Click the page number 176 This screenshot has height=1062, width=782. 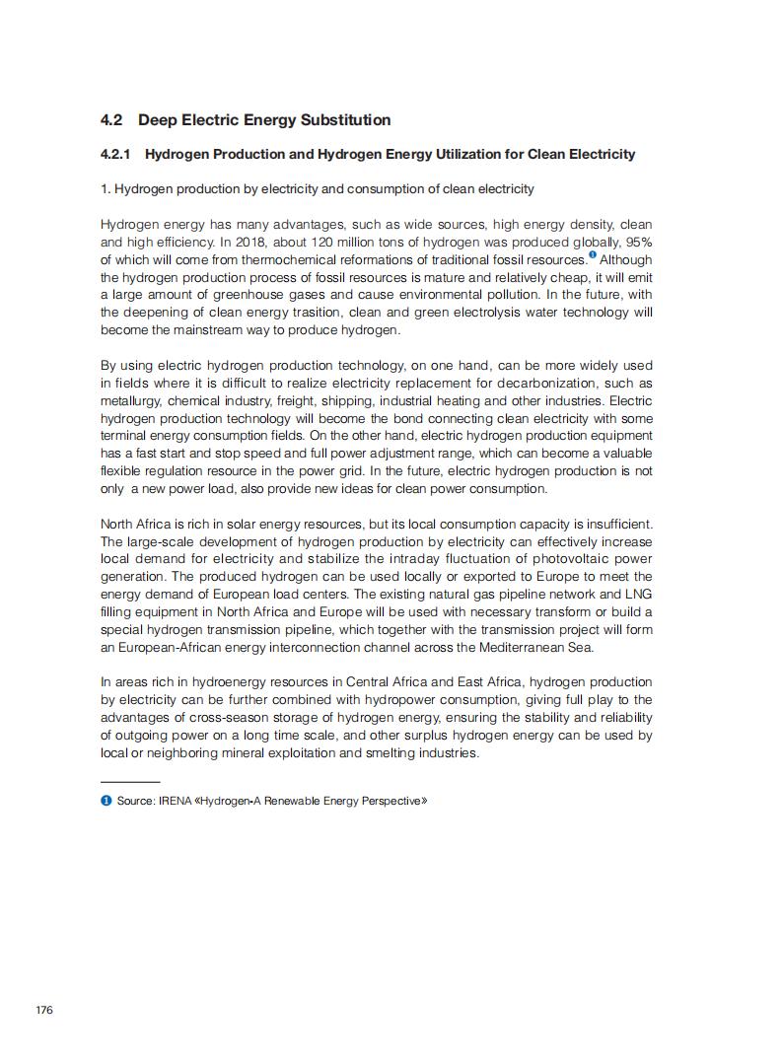pyautogui.click(x=43, y=1011)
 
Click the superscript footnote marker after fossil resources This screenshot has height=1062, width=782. pyautogui.click(x=592, y=255)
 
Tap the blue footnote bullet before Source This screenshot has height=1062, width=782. pyautogui.click(x=106, y=800)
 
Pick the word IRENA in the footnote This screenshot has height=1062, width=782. pyautogui.click(x=176, y=801)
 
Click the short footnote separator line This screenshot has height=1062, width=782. pyautogui.click(x=130, y=781)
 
